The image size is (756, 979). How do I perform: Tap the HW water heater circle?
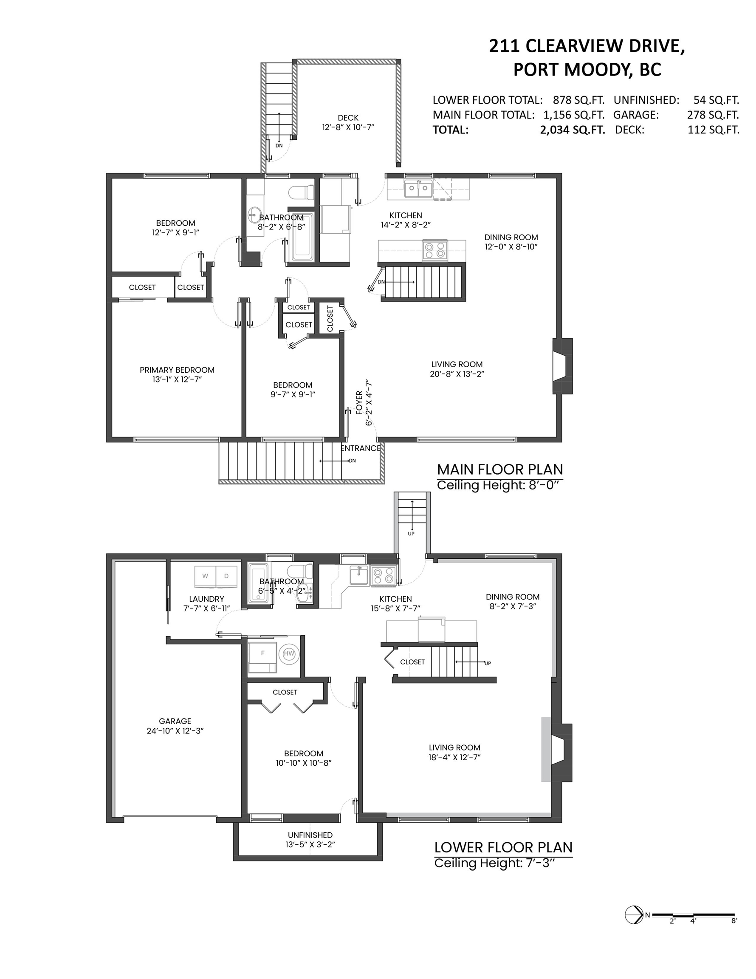289,654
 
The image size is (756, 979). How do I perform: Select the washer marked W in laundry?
205,577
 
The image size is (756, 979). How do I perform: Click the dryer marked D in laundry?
226,577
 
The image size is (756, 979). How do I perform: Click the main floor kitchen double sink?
418,189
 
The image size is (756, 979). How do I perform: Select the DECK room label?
348,118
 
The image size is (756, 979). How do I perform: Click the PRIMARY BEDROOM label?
177,370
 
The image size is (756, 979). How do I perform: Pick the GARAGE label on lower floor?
175,721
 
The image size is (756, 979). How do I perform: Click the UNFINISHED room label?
310,835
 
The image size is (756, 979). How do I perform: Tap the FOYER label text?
359,402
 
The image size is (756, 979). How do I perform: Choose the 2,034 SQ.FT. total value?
572,130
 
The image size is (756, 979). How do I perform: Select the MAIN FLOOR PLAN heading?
499,470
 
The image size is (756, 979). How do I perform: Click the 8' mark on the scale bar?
733,921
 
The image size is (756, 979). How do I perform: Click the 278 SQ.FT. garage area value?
713,115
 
